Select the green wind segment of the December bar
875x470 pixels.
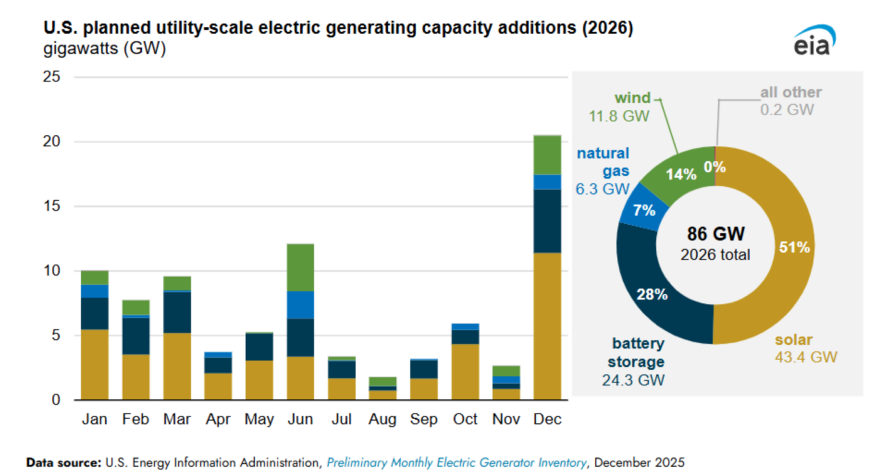[547, 155]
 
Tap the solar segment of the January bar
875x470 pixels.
[95, 364]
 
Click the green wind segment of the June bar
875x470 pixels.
[300, 267]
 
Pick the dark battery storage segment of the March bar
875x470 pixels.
[177, 312]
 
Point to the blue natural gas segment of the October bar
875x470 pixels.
[465, 327]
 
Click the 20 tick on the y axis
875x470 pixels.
[52, 141]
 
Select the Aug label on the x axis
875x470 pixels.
[382, 419]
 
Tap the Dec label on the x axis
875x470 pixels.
[547, 419]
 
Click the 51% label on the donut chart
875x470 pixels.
[794, 248]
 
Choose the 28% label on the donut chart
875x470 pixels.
[652, 294]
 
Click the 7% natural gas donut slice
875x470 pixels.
[644, 210]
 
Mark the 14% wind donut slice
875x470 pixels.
[681, 174]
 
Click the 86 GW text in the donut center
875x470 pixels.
[715, 234]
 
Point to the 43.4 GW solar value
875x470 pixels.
[806, 357]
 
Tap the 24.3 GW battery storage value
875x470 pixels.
[633, 380]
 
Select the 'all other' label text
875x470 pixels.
[791, 92]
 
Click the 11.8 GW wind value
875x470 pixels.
[619, 116]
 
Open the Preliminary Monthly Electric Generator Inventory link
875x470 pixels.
[456, 463]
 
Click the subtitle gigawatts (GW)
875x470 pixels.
[104, 48]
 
